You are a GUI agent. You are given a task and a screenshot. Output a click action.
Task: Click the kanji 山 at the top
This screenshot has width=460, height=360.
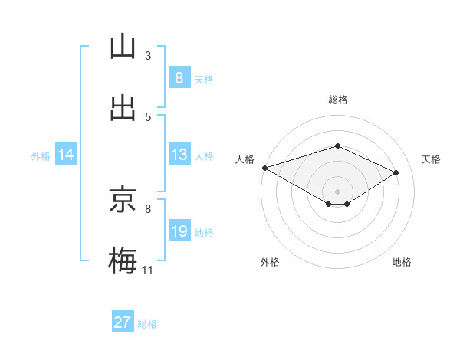pyautogui.click(x=123, y=47)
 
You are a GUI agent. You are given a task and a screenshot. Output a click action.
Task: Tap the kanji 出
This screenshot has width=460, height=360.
pyautogui.click(x=123, y=109)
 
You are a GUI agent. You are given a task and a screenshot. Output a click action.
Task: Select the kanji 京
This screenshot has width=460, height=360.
pyautogui.click(x=123, y=200)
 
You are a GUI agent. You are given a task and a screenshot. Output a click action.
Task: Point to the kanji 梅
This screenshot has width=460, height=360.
pyautogui.click(x=123, y=261)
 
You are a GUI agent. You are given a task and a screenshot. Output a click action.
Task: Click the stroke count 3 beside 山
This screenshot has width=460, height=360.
pyautogui.click(x=147, y=55)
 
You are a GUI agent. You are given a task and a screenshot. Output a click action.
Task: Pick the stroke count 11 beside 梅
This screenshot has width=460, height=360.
pyautogui.click(x=147, y=270)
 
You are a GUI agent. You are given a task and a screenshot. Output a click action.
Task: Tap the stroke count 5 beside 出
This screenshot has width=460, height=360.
pyautogui.click(x=147, y=116)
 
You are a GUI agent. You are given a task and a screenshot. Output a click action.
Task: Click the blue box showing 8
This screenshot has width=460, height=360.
pyautogui.click(x=179, y=78)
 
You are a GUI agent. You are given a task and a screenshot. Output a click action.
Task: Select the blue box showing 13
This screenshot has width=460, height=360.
pyautogui.click(x=179, y=155)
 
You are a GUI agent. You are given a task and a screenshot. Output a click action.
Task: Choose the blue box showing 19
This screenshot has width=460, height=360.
pyautogui.click(x=179, y=231)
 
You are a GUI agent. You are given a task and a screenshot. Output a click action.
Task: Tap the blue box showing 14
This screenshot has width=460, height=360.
pyautogui.click(x=65, y=155)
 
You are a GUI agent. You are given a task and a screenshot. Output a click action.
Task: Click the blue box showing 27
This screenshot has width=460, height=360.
pyautogui.click(x=122, y=322)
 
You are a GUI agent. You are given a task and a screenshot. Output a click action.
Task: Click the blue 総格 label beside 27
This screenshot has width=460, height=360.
pyautogui.click(x=148, y=324)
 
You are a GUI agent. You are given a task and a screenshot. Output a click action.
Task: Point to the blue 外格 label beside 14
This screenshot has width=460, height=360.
pyautogui.click(x=41, y=156)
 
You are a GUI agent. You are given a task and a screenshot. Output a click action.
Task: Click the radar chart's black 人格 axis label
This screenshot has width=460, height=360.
pyautogui.click(x=245, y=159)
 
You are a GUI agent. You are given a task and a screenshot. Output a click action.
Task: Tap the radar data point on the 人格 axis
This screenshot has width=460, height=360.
pyautogui.click(x=264, y=168)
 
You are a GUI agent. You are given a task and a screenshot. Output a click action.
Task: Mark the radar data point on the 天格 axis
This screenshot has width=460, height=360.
pyautogui.click(x=396, y=173)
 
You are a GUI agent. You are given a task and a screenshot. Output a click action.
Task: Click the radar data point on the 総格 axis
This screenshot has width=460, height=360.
pyautogui.click(x=337, y=146)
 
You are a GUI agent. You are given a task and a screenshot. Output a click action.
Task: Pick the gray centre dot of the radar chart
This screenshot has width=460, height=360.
pyautogui.click(x=337, y=191)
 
